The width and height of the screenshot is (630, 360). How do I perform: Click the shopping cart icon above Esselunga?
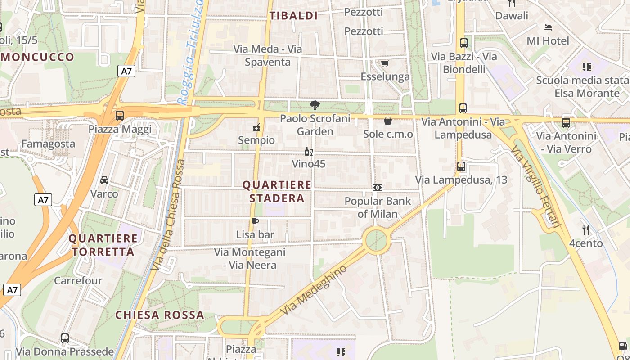tap(385, 63)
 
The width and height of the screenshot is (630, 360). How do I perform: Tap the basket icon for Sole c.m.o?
tap(388, 121)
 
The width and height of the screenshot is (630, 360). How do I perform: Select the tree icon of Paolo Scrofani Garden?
tap(315, 105)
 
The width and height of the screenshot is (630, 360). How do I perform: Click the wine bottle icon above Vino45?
tap(308, 151)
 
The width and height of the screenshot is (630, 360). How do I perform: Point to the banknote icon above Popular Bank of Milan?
tap(378, 187)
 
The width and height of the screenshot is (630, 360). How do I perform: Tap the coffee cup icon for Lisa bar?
tap(255, 221)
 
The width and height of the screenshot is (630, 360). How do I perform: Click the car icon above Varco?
tap(104, 180)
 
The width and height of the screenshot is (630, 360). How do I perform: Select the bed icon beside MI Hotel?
tap(548, 27)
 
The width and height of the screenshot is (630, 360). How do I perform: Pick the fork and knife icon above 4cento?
tap(585, 230)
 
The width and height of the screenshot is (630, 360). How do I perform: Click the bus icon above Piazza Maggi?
tap(120, 116)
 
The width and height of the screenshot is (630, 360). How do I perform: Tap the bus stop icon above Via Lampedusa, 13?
tap(461, 166)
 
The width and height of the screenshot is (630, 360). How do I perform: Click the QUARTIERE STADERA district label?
tap(277, 191)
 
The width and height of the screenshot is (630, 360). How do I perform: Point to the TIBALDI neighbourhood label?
tap(293, 16)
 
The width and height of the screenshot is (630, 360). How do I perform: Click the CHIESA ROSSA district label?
tap(160, 315)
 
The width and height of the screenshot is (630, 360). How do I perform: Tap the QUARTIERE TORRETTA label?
tap(103, 245)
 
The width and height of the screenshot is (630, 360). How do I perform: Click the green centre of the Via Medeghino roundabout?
tap(376, 240)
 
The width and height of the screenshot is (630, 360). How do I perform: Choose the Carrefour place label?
tap(78, 281)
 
